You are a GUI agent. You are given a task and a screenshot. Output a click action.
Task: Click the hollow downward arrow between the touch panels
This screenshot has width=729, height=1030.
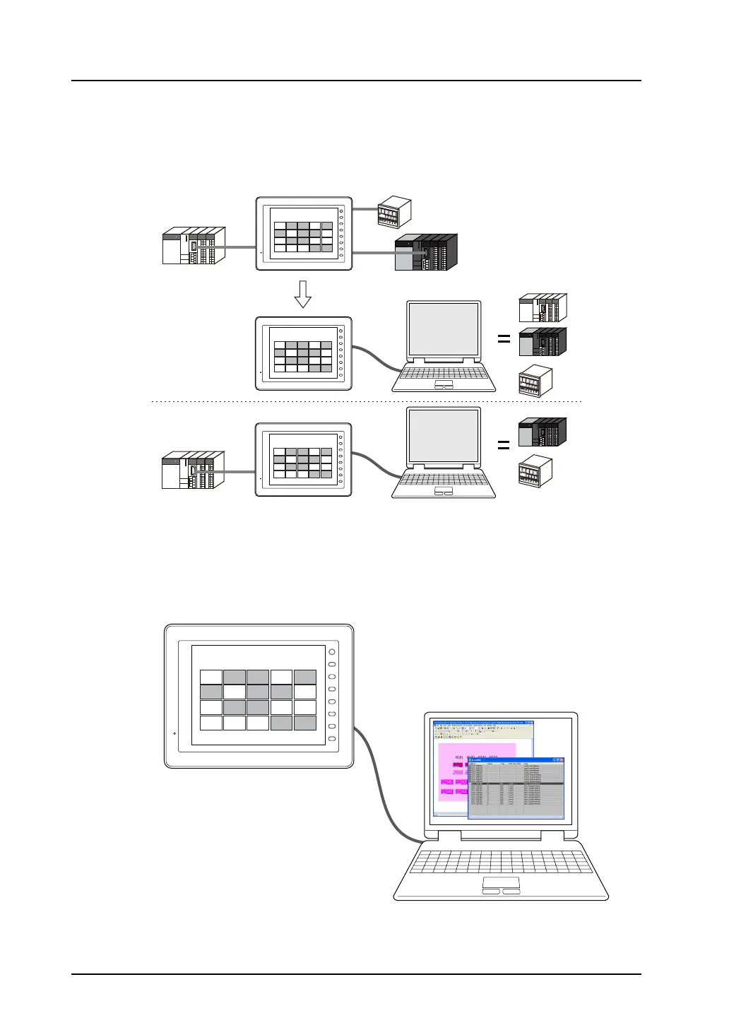tap(302, 294)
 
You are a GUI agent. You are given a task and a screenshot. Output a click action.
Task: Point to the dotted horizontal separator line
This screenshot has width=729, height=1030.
tap(367, 401)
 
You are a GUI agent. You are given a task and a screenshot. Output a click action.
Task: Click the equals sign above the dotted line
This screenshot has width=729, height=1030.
tap(504, 339)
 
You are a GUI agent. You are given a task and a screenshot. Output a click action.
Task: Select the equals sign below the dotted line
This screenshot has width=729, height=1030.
tap(504, 445)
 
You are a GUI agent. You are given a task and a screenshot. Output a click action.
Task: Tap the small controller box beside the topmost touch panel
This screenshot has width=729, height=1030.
tap(394, 211)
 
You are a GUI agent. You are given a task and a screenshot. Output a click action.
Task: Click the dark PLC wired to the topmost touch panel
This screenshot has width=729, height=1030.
tap(426, 252)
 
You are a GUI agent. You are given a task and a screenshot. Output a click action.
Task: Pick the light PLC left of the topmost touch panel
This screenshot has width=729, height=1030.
tap(194, 246)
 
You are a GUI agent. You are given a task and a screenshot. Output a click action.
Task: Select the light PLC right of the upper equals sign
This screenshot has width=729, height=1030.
tap(543, 308)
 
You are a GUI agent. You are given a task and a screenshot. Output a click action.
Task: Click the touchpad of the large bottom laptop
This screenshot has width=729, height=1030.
tap(501, 883)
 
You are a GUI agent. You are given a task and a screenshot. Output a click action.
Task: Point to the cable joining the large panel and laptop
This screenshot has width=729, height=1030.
tap(382, 784)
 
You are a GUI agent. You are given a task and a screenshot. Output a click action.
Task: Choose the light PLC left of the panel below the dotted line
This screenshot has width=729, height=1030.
tap(193, 470)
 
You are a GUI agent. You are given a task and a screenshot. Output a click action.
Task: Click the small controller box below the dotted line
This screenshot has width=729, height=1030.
tap(535, 471)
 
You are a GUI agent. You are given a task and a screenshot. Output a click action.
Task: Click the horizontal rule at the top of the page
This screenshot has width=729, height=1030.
tap(356, 81)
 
